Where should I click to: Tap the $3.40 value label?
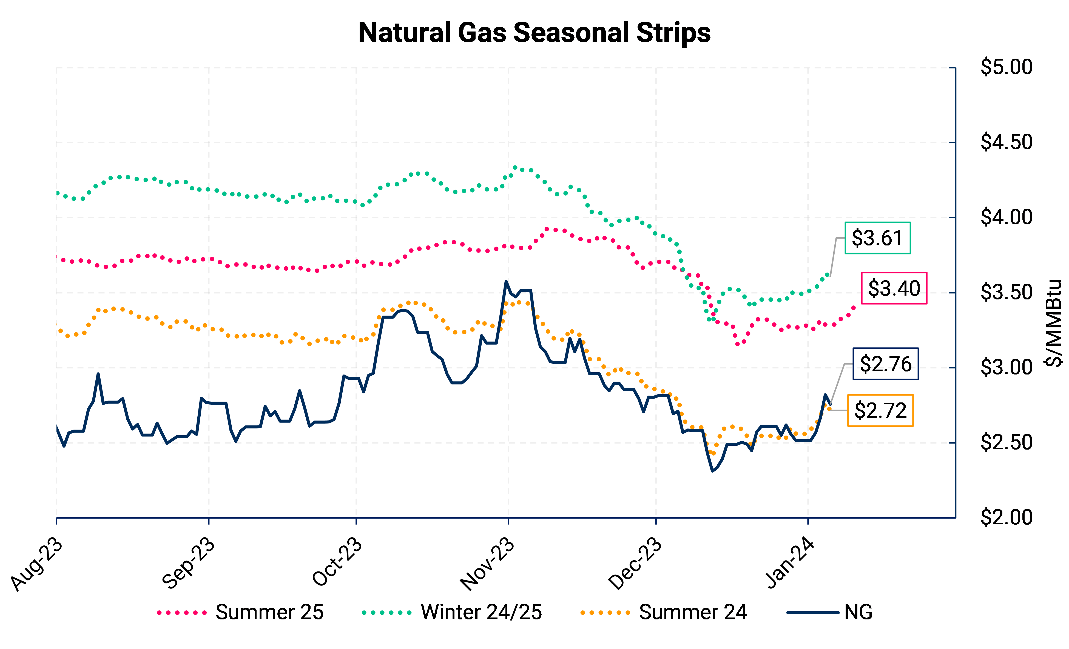click(894, 288)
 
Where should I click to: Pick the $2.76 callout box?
click(885, 364)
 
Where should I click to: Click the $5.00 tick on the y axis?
click(1006, 67)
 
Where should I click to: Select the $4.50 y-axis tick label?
click(1006, 142)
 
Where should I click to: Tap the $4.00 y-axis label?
click(1006, 217)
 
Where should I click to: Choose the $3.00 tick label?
click(1006, 368)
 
